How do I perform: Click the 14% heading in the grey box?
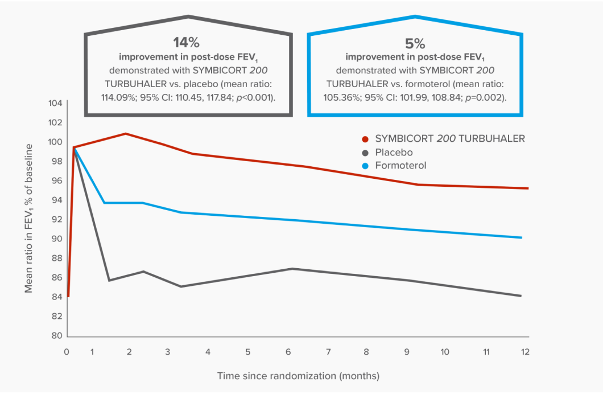[187, 43]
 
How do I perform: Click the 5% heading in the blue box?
[415, 43]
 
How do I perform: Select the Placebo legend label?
[394, 153]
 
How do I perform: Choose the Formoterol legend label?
[400, 166]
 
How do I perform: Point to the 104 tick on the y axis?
[55, 103]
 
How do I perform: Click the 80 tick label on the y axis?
[56, 335]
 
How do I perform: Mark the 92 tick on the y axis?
[56, 219]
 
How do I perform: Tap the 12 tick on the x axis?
[525, 351]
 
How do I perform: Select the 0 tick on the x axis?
[67, 351]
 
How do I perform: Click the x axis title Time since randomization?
[298, 376]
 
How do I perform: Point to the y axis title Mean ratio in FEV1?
[28, 218]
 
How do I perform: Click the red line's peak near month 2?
[126, 134]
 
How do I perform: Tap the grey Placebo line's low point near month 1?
[109, 280]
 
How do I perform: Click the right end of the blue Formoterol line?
[521, 237]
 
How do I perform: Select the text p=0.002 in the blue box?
[486, 97]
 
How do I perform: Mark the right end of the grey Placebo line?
[521, 295]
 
